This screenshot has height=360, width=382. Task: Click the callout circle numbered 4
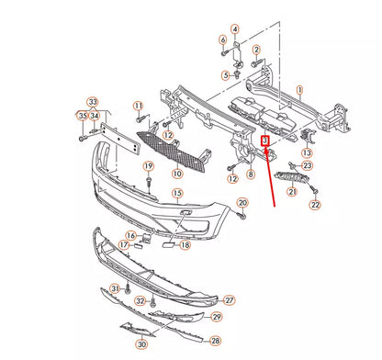pyautogui.click(x=235, y=29)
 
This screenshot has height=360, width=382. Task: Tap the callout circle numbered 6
pyautogui.click(x=223, y=40)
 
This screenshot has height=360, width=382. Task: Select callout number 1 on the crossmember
pyautogui.click(x=300, y=90)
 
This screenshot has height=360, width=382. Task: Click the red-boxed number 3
pyautogui.click(x=264, y=141)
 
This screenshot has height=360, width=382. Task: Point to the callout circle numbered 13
pyautogui.click(x=307, y=152)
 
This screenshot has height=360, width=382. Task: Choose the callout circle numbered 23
pyautogui.click(x=307, y=165)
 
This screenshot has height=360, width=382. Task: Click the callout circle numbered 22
pyautogui.click(x=315, y=205)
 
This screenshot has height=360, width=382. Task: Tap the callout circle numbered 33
pyautogui.click(x=93, y=102)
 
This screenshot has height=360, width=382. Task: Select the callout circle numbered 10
pyautogui.click(x=177, y=174)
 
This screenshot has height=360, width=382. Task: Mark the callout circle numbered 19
pyautogui.click(x=149, y=166)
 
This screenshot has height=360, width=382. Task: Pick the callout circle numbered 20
pyautogui.click(x=242, y=203)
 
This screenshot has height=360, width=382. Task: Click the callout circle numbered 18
pyautogui.click(x=185, y=245)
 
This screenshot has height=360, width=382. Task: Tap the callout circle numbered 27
pyautogui.click(x=230, y=300)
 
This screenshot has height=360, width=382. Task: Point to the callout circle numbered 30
pyautogui.click(x=141, y=344)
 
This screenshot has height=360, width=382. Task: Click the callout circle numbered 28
pyautogui.click(x=216, y=341)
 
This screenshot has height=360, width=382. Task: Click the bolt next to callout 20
pyautogui.click(x=242, y=216)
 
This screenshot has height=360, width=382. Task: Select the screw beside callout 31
pyautogui.click(x=128, y=287)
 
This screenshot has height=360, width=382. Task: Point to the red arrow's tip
pyautogui.click(x=265, y=148)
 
